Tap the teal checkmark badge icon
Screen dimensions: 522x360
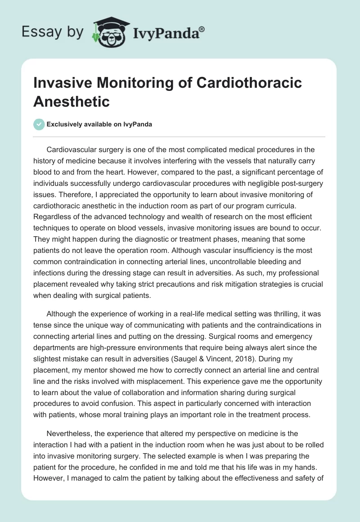pyautogui.click(x=39, y=124)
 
